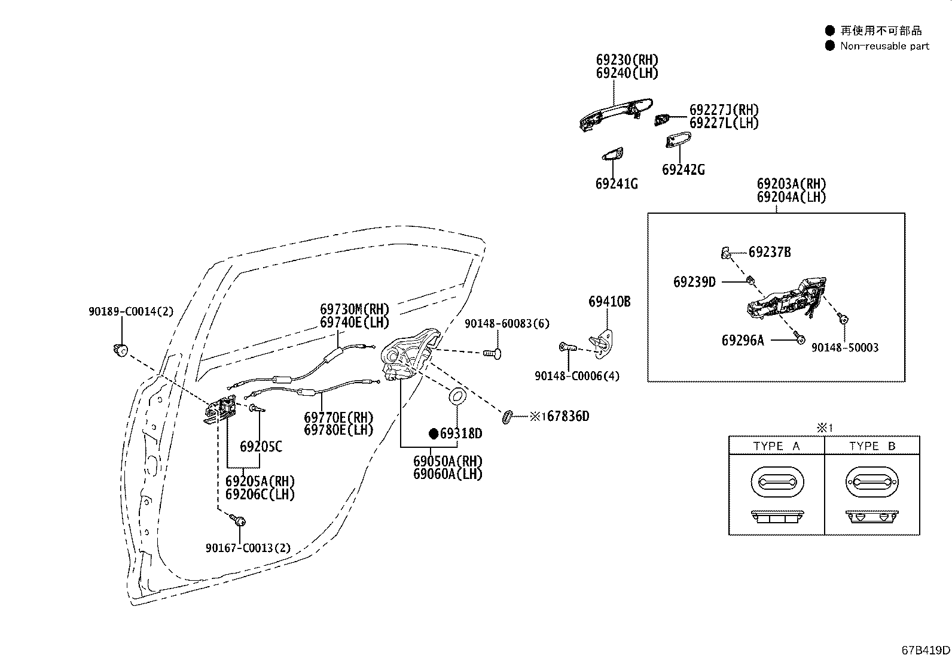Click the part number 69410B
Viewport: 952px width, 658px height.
[x=609, y=302]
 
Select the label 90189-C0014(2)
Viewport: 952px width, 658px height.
[x=132, y=311]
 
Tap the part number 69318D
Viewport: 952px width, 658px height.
[x=461, y=433]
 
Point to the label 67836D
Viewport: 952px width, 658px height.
[x=568, y=416]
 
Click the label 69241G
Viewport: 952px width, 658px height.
[x=617, y=184]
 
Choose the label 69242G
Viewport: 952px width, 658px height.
[x=684, y=170]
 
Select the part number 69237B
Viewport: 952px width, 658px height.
[x=770, y=252]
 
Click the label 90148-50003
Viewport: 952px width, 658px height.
[x=845, y=348]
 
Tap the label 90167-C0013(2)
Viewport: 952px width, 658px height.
[x=248, y=548]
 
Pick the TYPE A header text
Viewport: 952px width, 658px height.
[x=776, y=446]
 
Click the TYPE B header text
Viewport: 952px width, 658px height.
[x=872, y=446]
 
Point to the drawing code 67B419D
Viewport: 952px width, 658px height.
[x=926, y=650]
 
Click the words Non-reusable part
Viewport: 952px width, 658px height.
[x=885, y=46]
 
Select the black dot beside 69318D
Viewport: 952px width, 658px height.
[x=434, y=433]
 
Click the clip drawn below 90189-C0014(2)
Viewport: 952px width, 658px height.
[x=121, y=350]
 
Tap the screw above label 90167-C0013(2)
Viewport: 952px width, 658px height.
[x=238, y=520]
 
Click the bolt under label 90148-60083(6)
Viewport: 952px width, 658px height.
[x=493, y=353]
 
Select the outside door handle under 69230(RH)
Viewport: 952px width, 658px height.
[x=616, y=114]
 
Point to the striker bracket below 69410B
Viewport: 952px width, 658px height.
[x=602, y=343]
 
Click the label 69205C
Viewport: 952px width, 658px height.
[x=261, y=447]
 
